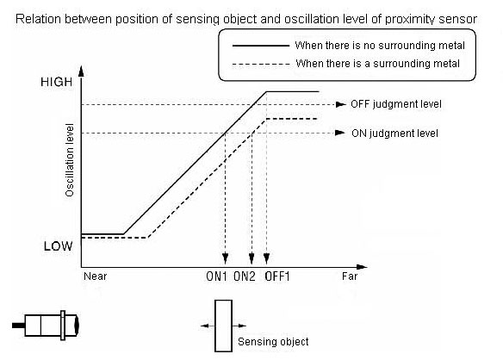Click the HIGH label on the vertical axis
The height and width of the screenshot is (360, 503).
click(x=57, y=82)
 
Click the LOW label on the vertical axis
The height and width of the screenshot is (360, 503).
click(x=58, y=246)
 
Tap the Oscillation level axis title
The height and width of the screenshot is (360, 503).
click(x=70, y=160)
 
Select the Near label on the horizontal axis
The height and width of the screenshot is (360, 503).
click(x=96, y=276)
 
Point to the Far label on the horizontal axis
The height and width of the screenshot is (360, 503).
click(x=350, y=276)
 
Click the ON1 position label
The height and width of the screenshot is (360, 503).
click(x=216, y=276)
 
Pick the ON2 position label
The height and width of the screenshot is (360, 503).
click(x=245, y=276)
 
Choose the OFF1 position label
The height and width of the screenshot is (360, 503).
click(x=277, y=276)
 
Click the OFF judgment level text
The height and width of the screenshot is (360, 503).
click(x=396, y=104)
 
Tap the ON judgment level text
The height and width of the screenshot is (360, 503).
click(x=394, y=133)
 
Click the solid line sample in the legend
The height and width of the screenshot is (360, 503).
click(x=260, y=46)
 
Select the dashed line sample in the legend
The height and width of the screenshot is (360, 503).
click(x=260, y=65)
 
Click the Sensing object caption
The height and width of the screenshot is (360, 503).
click(x=273, y=342)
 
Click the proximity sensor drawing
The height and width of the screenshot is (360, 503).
click(x=46, y=326)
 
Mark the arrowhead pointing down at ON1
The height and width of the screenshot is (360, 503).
click(x=225, y=258)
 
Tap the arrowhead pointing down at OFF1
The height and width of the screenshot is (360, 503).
click(x=266, y=258)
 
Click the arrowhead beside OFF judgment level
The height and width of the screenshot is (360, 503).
click(x=341, y=104)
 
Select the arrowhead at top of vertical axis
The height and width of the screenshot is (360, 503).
click(x=81, y=71)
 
